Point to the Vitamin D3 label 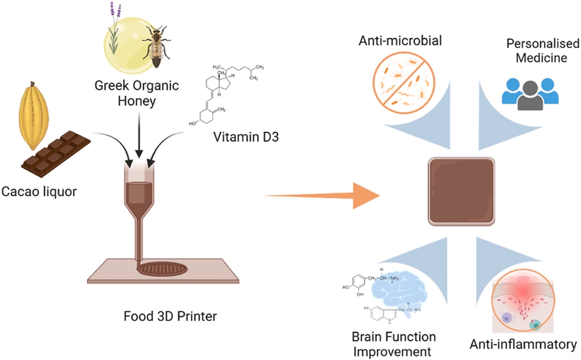[246, 137]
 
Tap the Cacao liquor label [39, 191]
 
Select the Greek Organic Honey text [137, 93]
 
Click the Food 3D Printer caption [170, 316]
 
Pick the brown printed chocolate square [461, 191]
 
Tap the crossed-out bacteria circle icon [403, 83]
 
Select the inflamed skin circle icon [523, 303]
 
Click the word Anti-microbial [400, 41]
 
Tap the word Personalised [542, 43]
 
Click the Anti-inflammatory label [523, 345]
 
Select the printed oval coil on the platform [163, 269]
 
